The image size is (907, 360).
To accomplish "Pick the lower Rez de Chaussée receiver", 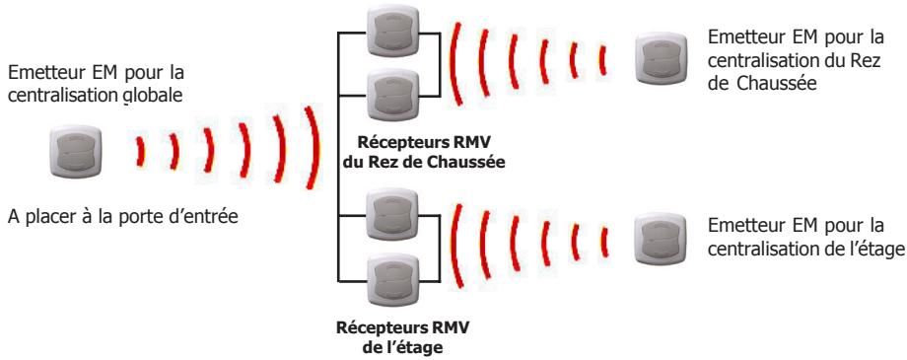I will [x=387, y=94].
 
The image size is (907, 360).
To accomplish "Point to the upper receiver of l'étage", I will [x=387, y=213].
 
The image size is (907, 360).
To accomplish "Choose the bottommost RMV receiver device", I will [x=387, y=275].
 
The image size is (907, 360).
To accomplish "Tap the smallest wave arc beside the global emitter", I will [x=141, y=154].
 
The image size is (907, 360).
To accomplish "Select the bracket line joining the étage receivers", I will [x=339, y=244].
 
